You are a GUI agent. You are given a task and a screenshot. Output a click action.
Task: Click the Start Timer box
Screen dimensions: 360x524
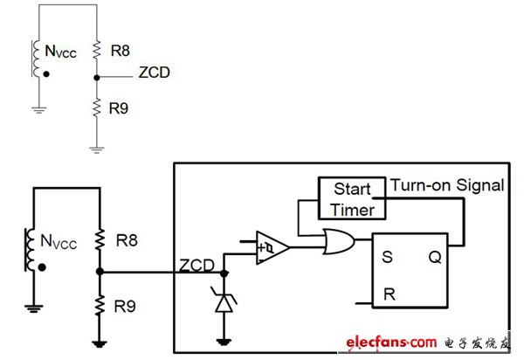tap(352, 199)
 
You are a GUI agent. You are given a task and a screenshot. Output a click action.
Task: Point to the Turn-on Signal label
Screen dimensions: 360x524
tap(447, 185)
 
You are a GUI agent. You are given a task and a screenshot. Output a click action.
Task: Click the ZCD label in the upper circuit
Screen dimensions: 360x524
tap(154, 73)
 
